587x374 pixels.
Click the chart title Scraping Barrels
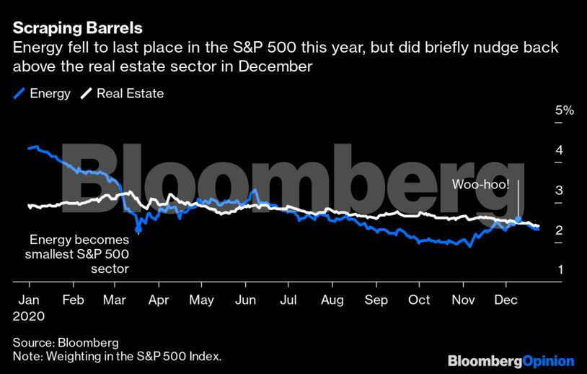pyautogui.click(x=77, y=28)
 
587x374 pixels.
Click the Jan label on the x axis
pyautogui.click(x=28, y=300)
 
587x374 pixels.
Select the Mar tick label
pyautogui.click(x=114, y=300)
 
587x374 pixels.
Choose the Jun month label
pyautogui.click(x=247, y=300)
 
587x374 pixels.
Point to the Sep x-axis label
pyautogui.click(x=376, y=300)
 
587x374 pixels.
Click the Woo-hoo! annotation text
pyautogui.click(x=481, y=185)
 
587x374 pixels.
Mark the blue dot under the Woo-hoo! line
pyautogui.click(x=518, y=219)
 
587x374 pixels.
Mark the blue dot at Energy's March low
pyautogui.click(x=138, y=230)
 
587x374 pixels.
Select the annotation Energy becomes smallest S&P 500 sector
pyautogui.click(x=78, y=255)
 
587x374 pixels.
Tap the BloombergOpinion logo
pyautogui.click(x=511, y=360)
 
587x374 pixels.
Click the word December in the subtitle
pyautogui.click(x=278, y=66)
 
